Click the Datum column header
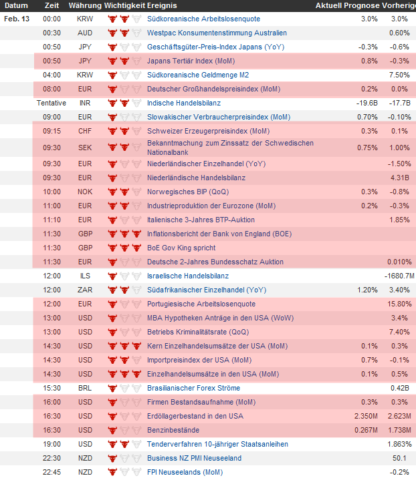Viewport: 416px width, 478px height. tap(17, 5)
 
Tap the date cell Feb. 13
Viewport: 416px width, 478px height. tap(17, 19)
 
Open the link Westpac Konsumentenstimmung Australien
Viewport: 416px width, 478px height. tap(217, 33)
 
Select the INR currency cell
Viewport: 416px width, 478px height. tap(85, 103)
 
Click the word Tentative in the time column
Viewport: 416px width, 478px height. tap(51, 103)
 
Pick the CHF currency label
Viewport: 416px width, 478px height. tap(85, 131)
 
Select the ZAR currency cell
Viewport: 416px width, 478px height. tap(85, 290)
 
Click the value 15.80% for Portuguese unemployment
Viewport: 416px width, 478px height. tap(399, 304)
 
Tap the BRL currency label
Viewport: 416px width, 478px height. tap(85, 388)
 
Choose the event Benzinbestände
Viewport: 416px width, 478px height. tap(173, 430)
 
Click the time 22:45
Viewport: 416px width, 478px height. tap(51, 472)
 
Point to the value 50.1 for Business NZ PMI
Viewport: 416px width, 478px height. tap(401, 458)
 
